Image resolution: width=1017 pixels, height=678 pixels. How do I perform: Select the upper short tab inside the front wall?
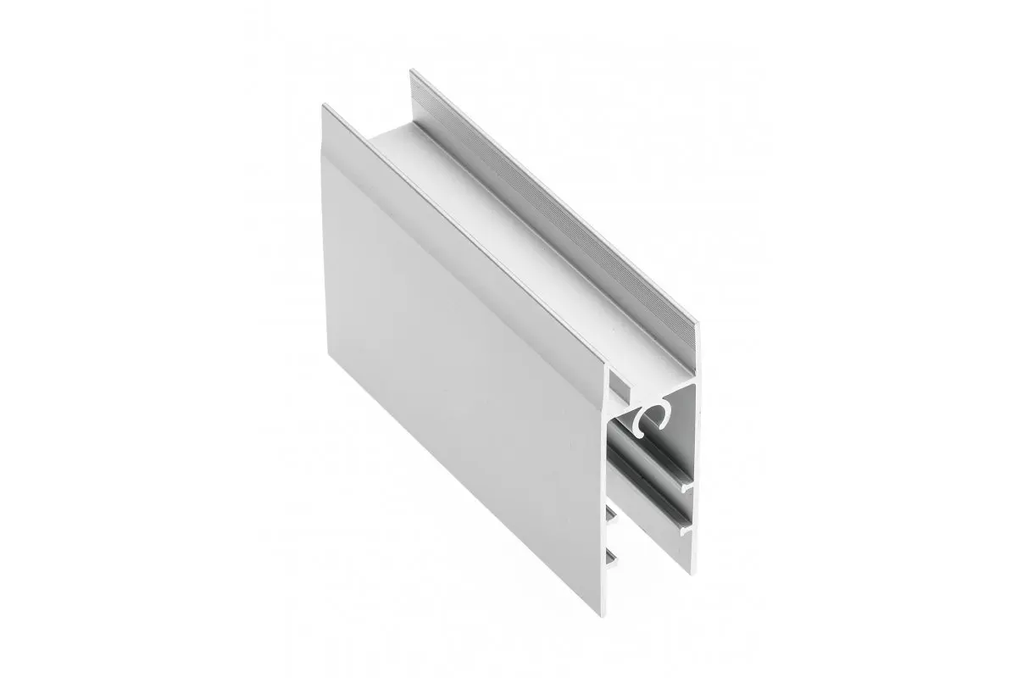610,512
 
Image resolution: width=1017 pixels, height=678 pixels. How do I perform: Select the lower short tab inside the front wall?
611,555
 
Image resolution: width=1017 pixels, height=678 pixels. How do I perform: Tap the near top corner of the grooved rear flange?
697,325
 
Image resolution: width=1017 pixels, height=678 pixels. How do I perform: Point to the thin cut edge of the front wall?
606,475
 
